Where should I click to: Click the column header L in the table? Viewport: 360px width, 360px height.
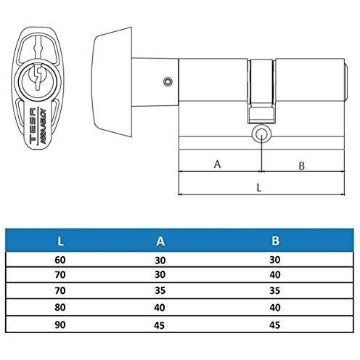click(x=60, y=240)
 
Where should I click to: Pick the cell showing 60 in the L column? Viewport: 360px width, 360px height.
click(x=60, y=259)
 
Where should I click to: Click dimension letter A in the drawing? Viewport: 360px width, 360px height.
click(x=217, y=164)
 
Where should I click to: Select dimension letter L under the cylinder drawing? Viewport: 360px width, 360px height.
click(x=259, y=187)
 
